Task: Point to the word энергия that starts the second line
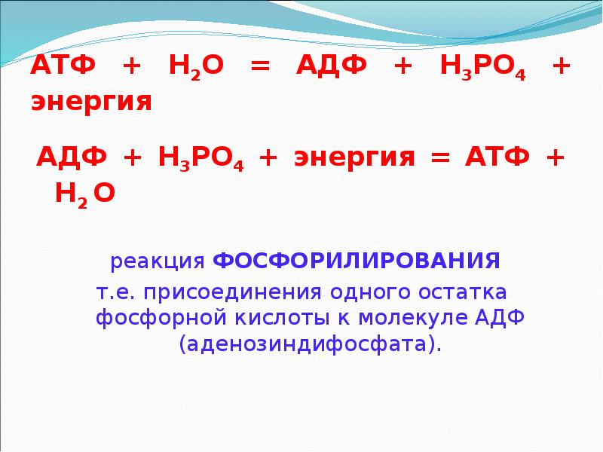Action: [x=91, y=102]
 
